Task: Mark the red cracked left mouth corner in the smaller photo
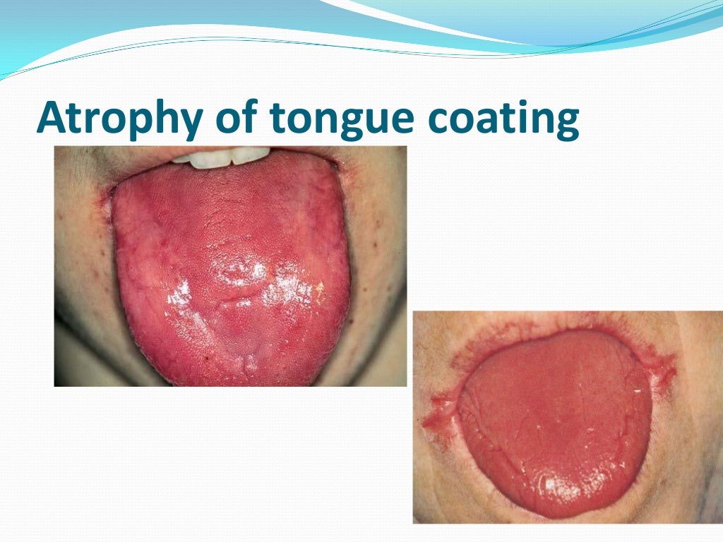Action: coord(441,416)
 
